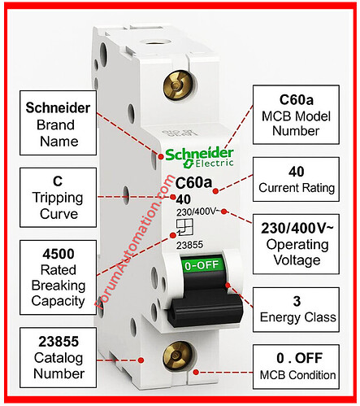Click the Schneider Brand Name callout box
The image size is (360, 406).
[58, 123]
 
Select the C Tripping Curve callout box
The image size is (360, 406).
[58, 198]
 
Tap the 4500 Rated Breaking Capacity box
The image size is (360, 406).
[58, 277]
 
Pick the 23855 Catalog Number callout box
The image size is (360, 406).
[58, 357]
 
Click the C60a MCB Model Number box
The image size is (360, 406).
[296, 115]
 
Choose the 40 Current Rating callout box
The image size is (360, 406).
[296, 180]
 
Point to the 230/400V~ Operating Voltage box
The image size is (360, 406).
[296, 244]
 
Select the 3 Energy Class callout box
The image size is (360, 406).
[296, 310]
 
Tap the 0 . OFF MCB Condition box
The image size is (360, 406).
[296, 367]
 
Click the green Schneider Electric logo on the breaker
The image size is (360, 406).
[199, 157]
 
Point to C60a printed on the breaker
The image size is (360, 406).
[193, 182]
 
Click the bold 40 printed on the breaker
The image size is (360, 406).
[184, 199]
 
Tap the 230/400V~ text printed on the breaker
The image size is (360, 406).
[197, 212]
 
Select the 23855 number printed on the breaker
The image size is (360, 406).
[189, 245]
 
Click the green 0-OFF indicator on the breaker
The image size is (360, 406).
[202, 265]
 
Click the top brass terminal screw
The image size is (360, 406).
[176, 85]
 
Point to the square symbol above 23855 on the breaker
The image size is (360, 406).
[184, 227]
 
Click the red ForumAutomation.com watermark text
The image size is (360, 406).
[135, 242]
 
